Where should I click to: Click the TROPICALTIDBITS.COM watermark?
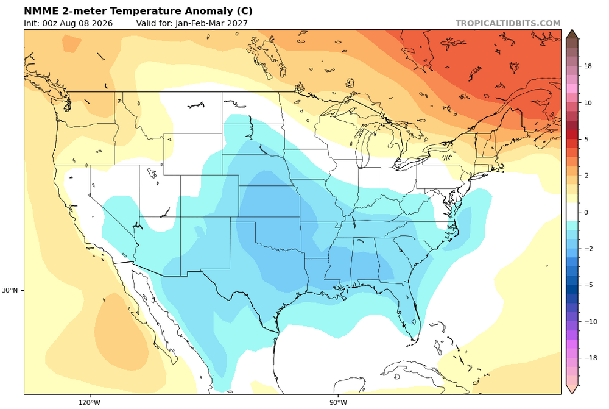pyautogui.click(x=508, y=23)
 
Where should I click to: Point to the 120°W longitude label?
pyautogui.click(x=90, y=402)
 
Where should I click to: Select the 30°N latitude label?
pyautogui.click(x=10, y=290)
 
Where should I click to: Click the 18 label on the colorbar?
pyautogui.click(x=588, y=66)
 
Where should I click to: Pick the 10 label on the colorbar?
pyautogui.click(x=588, y=102)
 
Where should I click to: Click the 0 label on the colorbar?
pyautogui.click(x=586, y=212)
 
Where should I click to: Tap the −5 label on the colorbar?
pyautogui.click(x=588, y=285)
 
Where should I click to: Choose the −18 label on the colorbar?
pyautogui.click(x=590, y=358)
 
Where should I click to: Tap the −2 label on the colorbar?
pyautogui.click(x=588, y=249)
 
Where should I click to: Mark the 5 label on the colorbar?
pyautogui.click(x=586, y=139)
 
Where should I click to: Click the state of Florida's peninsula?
pyautogui.click(x=409, y=311)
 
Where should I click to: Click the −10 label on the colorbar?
pyautogui.click(x=590, y=321)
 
